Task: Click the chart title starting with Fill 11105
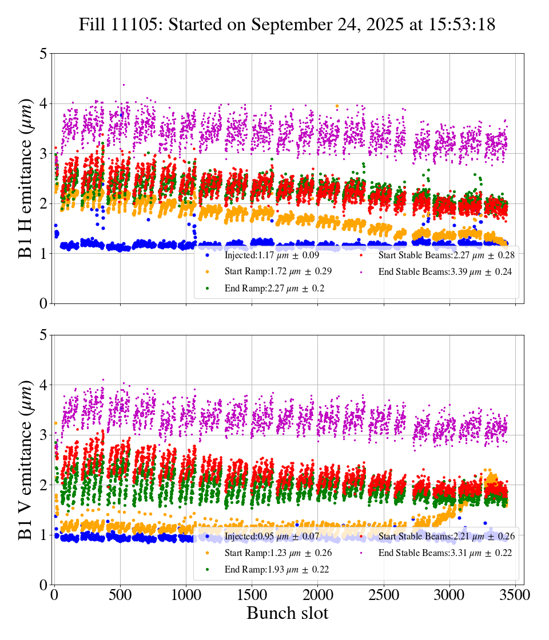pyautogui.click(x=287, y=25)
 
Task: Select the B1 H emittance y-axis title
pyautogui.click(x=26, y=178)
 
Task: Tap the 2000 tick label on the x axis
pyautogui.click(x=318, y=595)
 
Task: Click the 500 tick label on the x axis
pyautogui.click(x=120, y=595)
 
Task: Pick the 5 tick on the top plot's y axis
pyautogui.click(x=43, y=54)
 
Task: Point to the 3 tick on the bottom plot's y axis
pyautogui.click(x=43, y=435)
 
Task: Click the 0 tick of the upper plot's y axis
pyautogui.click(x=43, y=303)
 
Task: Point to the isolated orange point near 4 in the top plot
pyautogui.click(x=337, y=106)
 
